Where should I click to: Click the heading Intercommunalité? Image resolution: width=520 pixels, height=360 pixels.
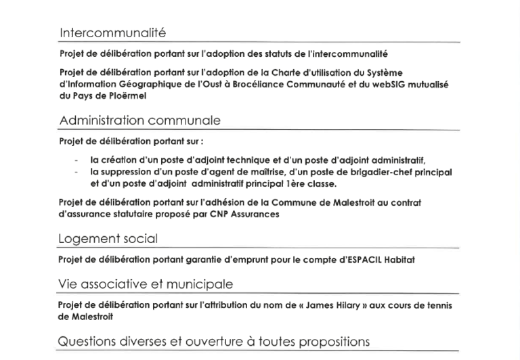click(x=112, y=32)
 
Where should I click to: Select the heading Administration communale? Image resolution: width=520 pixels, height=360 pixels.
click(x=139, y=120)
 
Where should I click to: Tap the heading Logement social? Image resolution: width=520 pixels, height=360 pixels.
click(x=108, y=238)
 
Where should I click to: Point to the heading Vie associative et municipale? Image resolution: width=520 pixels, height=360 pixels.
click(x=146, y=284)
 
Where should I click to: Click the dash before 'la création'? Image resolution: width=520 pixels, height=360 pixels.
click(x=77, y=160)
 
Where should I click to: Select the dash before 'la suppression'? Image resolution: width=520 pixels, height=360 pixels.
click(x=77, y=172)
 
